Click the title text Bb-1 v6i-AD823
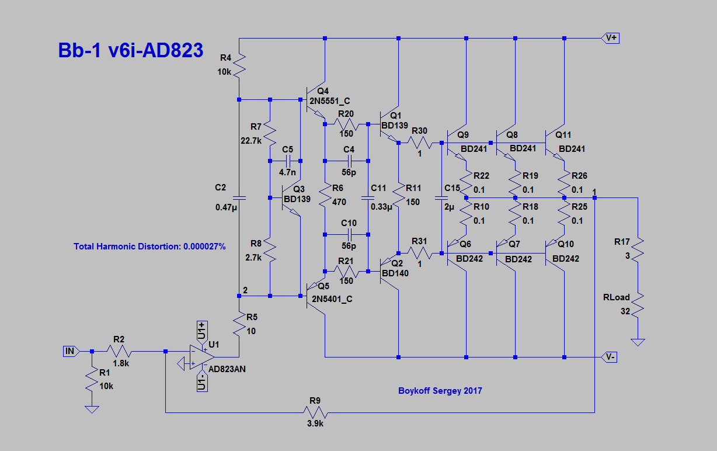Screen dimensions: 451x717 [130, 50]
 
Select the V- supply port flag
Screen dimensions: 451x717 [610, 357]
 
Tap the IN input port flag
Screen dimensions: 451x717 [69, 351]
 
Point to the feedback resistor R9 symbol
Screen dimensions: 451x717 [315, 413]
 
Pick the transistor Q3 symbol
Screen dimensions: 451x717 [291, 198]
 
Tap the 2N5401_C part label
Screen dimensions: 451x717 [332, 299]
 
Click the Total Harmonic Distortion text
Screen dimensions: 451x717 [149, 247]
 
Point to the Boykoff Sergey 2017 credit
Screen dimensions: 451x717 [440, 390]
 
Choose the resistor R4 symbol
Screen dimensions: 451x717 [239, 64]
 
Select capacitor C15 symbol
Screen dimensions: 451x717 [441, 198]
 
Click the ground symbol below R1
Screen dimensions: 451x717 [92, 410]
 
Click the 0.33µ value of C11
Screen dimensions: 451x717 [382, 206]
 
